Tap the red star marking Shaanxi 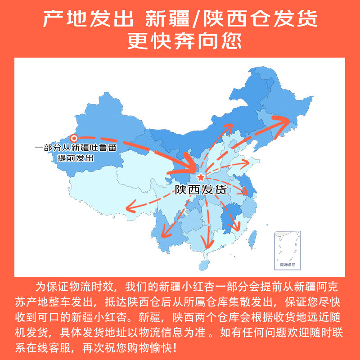click(201, 177)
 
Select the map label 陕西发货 click(201, 189)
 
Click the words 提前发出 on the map click(75, 158)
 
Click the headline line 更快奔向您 click(180, 41)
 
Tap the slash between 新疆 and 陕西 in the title click(197, 19)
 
